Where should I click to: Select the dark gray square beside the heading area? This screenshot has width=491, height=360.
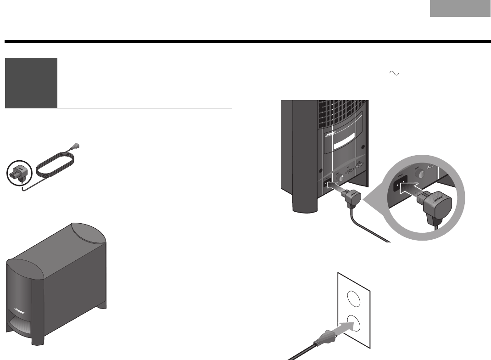[31, 83]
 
